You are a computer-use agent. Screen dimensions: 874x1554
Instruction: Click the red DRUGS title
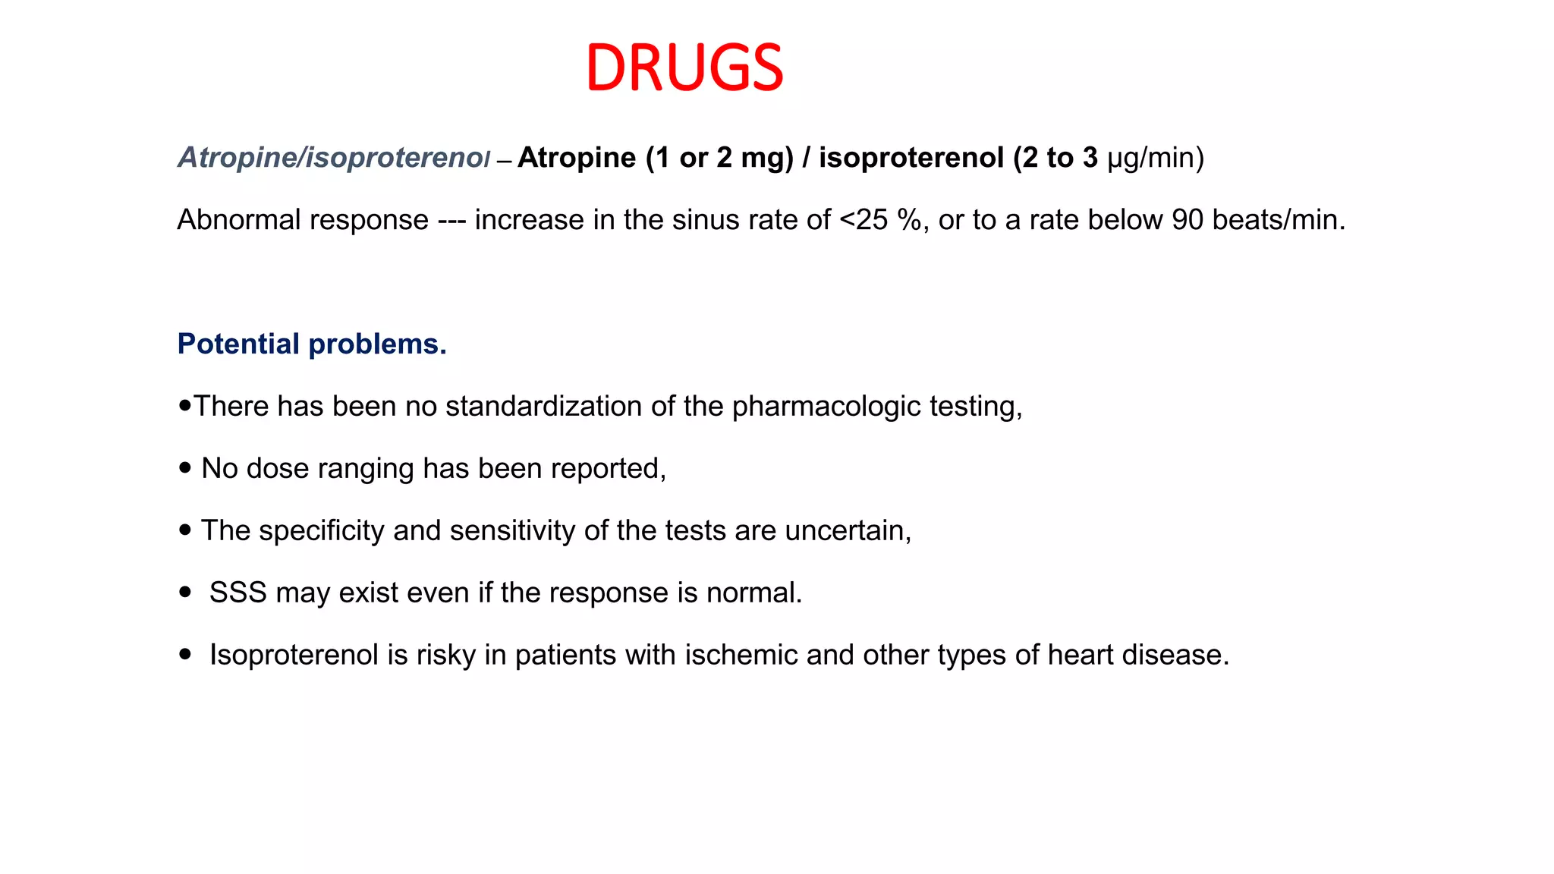click(x=684, y=68)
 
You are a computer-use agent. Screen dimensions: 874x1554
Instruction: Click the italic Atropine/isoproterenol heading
click(x=334, y=158)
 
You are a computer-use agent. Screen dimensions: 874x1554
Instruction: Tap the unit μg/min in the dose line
click(x=1156, y=158)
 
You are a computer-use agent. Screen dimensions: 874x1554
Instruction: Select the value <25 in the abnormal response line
click(x=864, y=220)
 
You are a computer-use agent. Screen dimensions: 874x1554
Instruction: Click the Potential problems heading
click(x=312, y=344)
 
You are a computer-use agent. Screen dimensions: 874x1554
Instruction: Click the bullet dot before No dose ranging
click(x=185, y=468)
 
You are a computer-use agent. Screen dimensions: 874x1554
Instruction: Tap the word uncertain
click(x=848, y=530)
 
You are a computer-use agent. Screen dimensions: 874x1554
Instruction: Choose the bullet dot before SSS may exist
click(x=185, y=592)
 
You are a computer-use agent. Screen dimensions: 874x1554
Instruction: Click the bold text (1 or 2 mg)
click(x=719, y=158)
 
